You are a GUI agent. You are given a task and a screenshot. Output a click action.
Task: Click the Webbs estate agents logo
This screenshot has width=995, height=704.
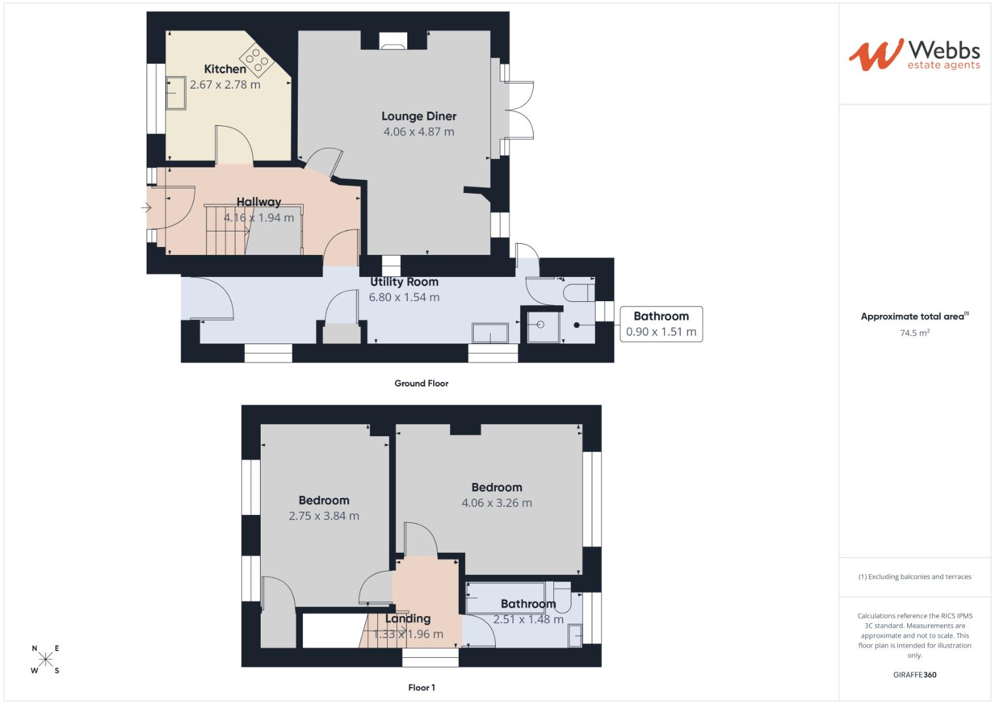(x=914, y=55)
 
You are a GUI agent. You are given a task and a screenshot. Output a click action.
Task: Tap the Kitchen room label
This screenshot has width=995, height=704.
(x=225, y=69)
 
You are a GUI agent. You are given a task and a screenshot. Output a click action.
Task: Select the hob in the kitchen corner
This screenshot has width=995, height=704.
(x=257, y=59)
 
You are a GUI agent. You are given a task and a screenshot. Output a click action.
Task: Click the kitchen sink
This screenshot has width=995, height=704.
(x=176, y=93)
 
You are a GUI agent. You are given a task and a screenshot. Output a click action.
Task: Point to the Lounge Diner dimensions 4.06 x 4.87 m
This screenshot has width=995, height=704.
(x=418, y=132)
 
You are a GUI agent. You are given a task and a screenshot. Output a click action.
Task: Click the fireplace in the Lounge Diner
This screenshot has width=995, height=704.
(x=393, y=42)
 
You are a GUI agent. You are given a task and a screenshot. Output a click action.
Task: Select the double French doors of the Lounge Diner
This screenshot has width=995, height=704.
(x=519, y=110)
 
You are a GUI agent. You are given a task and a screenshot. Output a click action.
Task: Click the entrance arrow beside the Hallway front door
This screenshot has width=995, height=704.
(x=145, y=208)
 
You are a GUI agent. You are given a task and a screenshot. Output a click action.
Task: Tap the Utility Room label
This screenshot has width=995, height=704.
(x=404, y=282)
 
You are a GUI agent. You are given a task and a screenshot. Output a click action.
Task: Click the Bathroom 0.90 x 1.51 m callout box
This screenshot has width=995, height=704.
(x=661, y=324)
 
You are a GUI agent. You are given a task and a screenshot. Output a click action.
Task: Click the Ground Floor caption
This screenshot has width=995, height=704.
(x=421, y=383)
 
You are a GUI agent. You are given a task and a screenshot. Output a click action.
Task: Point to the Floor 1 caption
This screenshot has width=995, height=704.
(x=421, y=687)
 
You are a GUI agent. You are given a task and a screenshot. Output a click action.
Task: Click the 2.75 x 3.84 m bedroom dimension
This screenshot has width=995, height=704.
(x=324, y=516)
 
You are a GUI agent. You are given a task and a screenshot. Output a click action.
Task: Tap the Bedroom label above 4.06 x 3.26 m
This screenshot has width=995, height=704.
(x=497, y=488)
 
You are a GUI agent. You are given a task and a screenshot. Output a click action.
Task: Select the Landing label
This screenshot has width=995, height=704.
(x=407, y=619)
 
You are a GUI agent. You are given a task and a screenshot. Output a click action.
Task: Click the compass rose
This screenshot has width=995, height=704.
(x=46, y=659)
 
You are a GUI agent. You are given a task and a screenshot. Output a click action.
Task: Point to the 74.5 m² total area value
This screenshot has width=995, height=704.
(x=915, y=332)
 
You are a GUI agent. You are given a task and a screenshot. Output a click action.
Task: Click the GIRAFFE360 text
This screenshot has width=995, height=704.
(x=914, y=675)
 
